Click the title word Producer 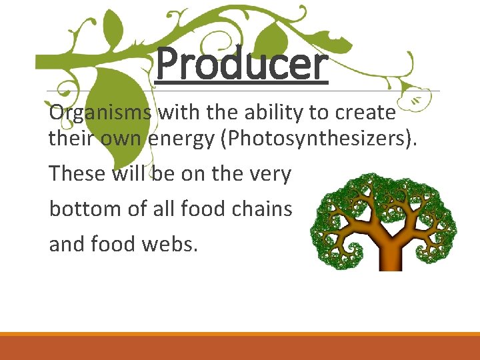coord(242,65)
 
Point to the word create coord(365,113)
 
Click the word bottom coord(83,209)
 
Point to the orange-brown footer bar coord(240,347)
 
